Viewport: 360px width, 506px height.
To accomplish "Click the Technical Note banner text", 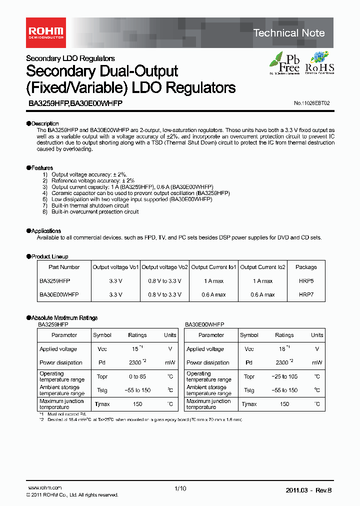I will (289, 33).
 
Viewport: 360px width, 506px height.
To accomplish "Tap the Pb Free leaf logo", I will (285, 62).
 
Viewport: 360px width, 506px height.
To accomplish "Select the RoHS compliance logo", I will (319, 62).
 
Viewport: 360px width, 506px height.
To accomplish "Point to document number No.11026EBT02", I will (312, 103).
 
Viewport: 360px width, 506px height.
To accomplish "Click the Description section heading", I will (44, 123).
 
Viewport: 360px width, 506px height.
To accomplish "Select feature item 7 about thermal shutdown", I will (89, 205).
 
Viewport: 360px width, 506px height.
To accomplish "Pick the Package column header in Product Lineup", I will (306, 267).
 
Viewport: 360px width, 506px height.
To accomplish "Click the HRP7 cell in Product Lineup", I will (306, 294).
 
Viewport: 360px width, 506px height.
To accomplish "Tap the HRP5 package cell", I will (306, 281).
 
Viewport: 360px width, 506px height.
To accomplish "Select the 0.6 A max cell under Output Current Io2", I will (262, 294).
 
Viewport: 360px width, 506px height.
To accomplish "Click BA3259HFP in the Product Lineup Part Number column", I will (55, 281).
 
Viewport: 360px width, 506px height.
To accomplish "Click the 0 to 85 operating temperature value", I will (137, 376).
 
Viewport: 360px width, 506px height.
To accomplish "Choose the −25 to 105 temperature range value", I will (284, 376).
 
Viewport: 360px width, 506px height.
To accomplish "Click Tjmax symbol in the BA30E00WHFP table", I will (249, 404).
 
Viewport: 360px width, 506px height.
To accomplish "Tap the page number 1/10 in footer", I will (180, 489).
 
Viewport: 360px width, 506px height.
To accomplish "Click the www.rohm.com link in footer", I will (44, 488).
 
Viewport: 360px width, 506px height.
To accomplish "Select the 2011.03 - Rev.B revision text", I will (308, 490).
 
